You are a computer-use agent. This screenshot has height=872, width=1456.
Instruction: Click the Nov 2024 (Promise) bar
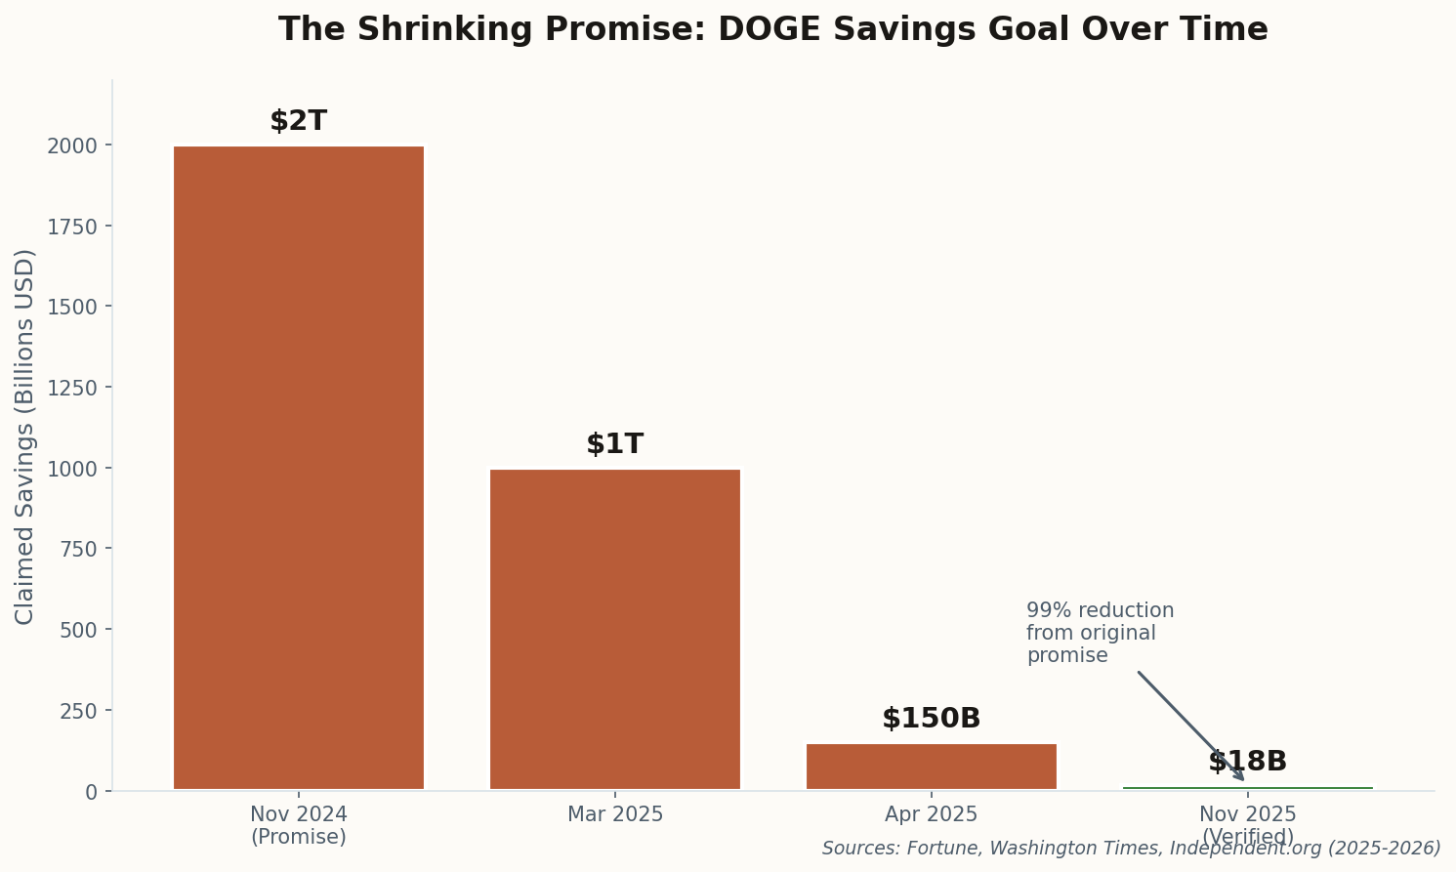(x=298, y=468)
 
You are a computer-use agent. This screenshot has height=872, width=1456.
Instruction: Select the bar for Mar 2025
(x=614, y=629)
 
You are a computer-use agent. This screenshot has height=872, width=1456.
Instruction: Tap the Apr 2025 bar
(x=931, y=767)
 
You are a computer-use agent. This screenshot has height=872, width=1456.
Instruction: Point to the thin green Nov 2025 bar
(x=1247, y=788)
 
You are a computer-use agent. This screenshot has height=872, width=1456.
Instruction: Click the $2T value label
(x=298, y=122)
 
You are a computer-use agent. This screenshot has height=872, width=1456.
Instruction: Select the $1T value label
(x=614, y=445)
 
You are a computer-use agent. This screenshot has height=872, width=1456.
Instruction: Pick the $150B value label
(x=931, y=720)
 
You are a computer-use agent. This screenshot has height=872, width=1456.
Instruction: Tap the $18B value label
(x=1247, y=763)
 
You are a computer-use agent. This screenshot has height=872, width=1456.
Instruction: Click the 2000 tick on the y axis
(x=72, y=146)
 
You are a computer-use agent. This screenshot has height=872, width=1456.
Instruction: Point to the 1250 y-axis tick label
(x=72, y=389)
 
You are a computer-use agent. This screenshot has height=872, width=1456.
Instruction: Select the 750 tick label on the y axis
(x=78, y=550)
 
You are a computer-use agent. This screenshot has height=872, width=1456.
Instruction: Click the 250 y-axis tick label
(x=78, y=711)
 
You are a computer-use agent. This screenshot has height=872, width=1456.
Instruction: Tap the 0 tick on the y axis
(x=92, y=792)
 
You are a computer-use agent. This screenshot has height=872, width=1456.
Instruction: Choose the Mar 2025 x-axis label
(x=614, y=814)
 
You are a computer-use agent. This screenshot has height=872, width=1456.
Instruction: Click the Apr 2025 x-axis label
(x=931, y=814)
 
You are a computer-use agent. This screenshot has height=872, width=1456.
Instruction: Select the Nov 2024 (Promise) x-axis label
(x=298, y=825)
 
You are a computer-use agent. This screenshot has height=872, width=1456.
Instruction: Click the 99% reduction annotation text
(x=1100, y=633)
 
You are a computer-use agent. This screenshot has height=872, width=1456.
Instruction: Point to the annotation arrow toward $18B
(x=1191, y=726)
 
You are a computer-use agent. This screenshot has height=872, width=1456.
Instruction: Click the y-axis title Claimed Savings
(x=25, y=436)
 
